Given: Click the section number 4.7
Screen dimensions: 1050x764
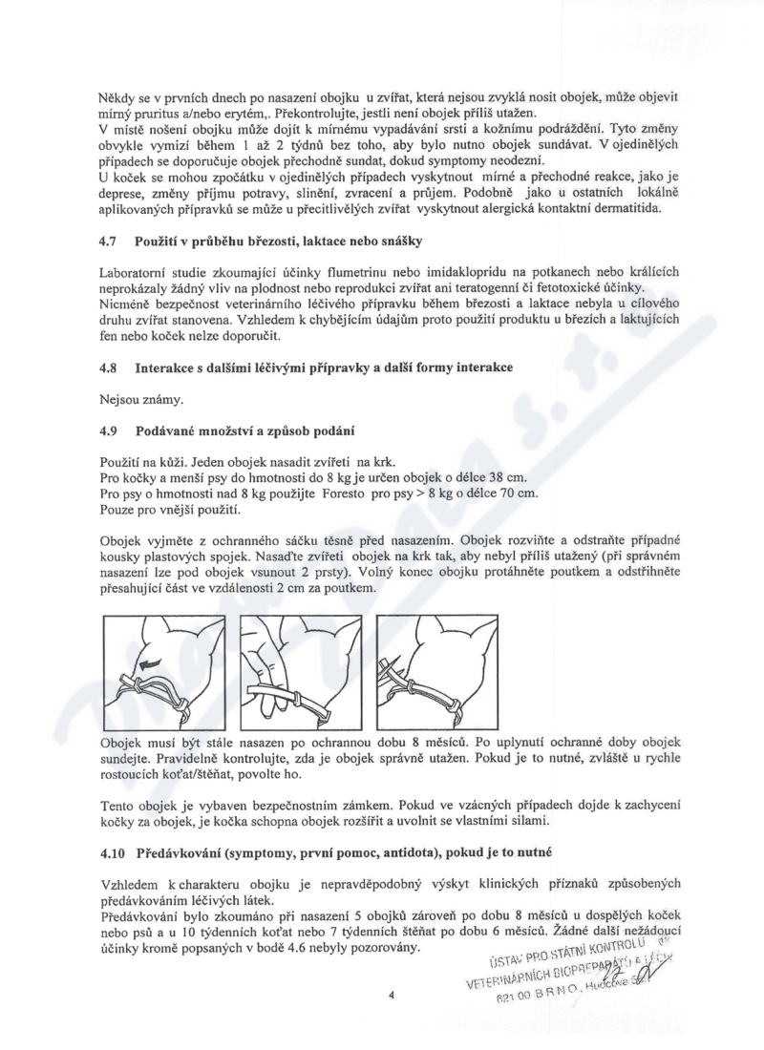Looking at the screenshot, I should pyautogui.click(x=108, y=247).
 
